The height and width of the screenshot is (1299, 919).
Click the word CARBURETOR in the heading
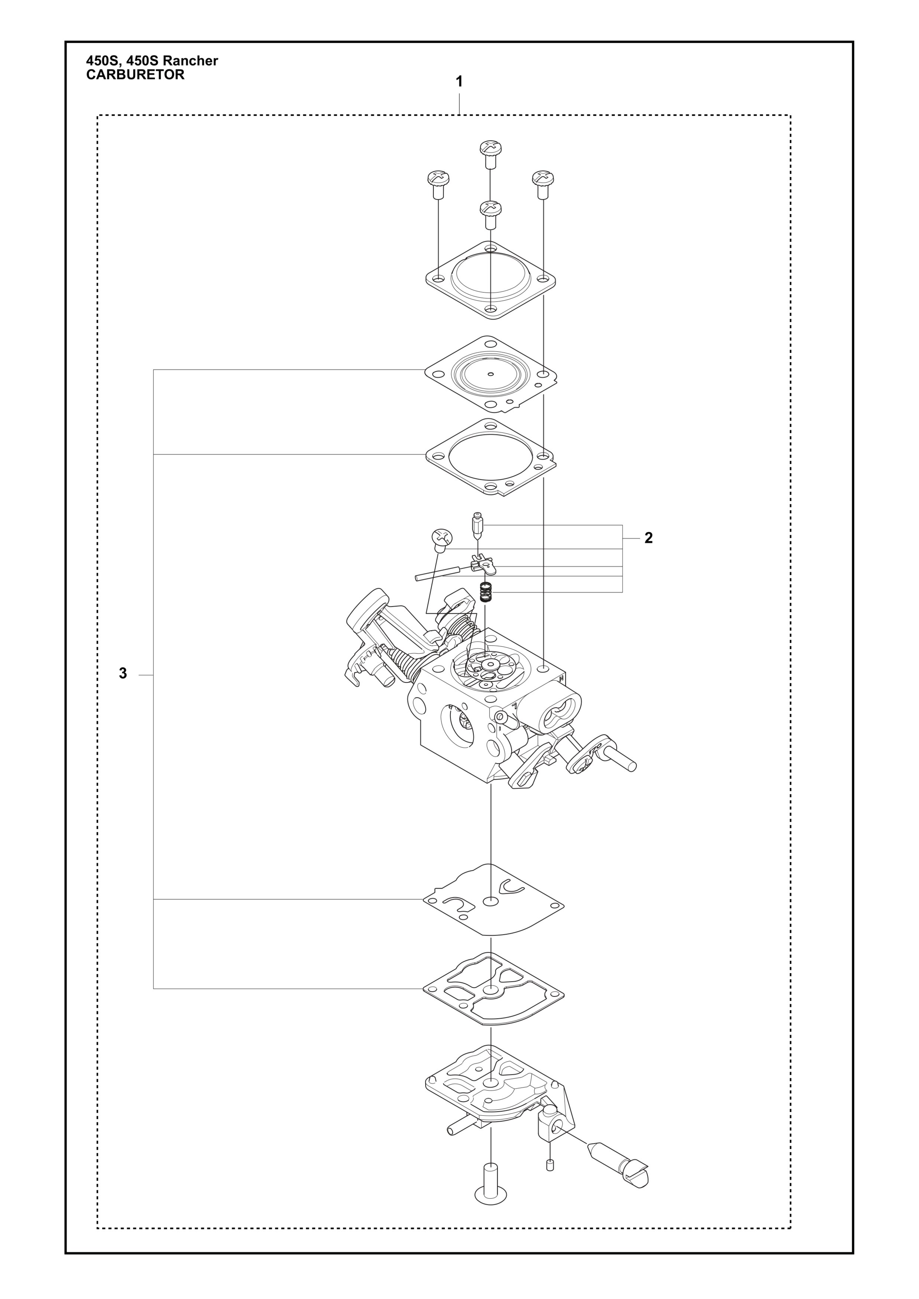click(x=135, y=75)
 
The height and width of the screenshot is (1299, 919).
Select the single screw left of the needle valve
click(x=442, y=540)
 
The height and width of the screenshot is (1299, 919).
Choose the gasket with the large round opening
click(x=491, y=457)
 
